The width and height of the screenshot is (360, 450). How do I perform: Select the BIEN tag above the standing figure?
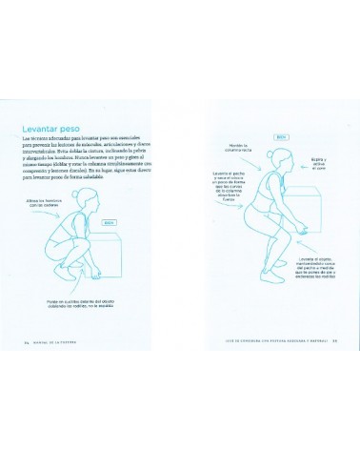click(281, 136)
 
